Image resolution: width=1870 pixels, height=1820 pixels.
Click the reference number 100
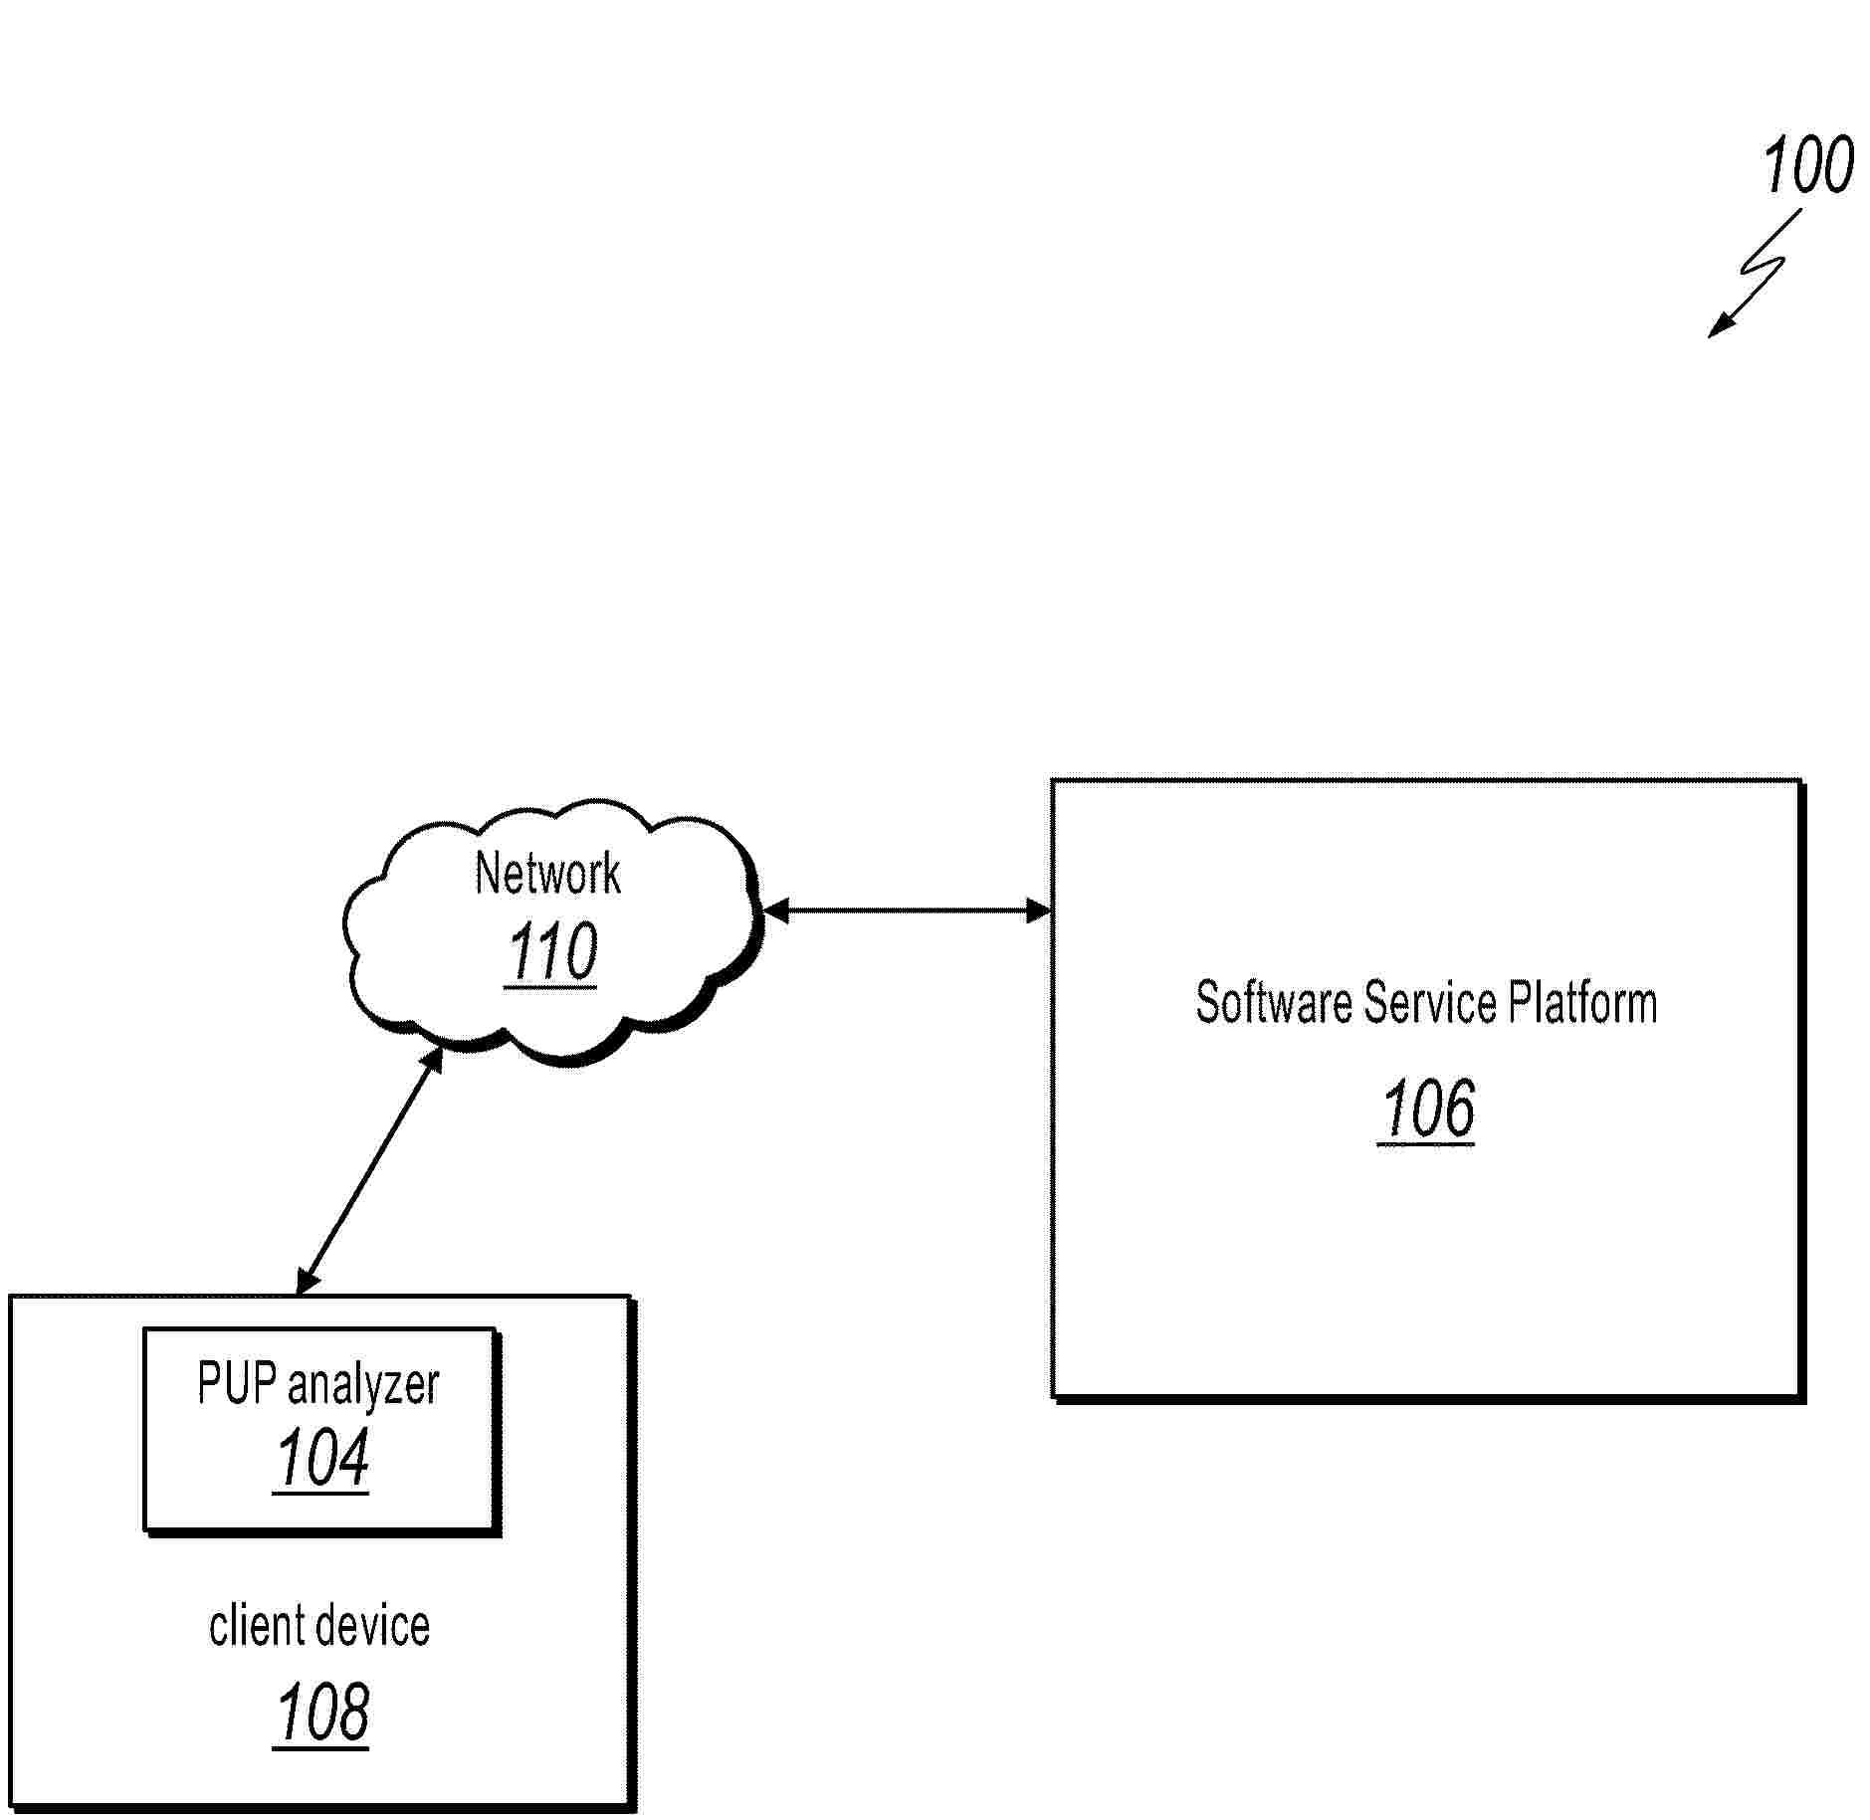pyautogui.click(x=1807, y=165)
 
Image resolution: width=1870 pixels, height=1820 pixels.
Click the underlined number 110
pyautogui.click(x=551, y=952)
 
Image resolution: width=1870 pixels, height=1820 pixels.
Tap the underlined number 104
pyautogui.click(x=321, y=1459)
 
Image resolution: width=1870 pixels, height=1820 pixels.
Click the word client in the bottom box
pyautogui.click(x=254, y=1626)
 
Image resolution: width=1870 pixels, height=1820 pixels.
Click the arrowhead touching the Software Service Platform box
pyautogui.click(x=1038, y=910)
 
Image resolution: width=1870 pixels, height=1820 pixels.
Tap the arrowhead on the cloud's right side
pyautogui.click(x=775, y=910)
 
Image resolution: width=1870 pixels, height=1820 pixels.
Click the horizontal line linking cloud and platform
pyautogui.click(x=907, y=910)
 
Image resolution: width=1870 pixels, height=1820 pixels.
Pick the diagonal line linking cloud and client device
pyautogui.click(x=369, y=1170)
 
